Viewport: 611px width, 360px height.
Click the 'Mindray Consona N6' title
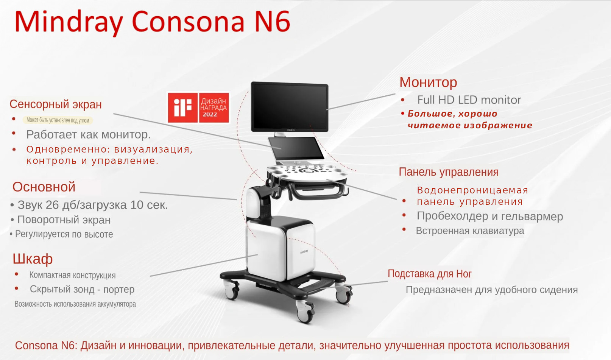[152, 22]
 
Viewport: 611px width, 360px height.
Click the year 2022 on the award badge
[210, 115]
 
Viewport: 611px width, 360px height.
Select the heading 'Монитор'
[428, 83]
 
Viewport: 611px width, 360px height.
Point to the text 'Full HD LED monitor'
[469, 100]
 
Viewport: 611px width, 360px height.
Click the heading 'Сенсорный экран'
[56, 104]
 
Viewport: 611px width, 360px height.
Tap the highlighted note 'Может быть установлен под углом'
[58, 120]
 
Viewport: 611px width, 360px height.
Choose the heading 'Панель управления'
[449, 172]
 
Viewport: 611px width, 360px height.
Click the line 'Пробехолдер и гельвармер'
[490, 216]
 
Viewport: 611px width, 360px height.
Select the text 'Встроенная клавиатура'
[470, 231]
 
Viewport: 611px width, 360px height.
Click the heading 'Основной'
[44, 187]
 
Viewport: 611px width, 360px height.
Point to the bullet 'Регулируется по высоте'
[64, 234]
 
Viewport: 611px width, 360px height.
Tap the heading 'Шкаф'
[33, 259]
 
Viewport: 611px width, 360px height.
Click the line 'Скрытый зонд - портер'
[82, 289]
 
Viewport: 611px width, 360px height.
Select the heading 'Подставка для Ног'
[430, 274]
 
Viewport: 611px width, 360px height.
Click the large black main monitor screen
[290, 106]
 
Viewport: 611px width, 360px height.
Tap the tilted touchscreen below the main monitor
[296, 149]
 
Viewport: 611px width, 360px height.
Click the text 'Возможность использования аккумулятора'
[75, 304]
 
